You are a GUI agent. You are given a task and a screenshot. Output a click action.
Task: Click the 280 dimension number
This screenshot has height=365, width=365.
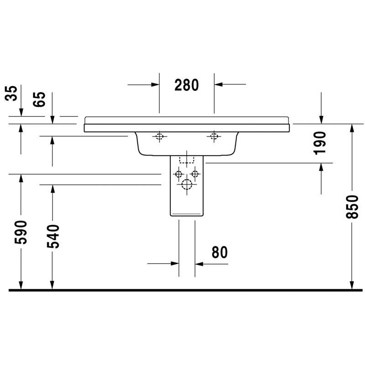tap(187, 85)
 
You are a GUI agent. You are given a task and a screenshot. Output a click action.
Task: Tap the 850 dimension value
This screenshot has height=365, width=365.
tap(352, 207)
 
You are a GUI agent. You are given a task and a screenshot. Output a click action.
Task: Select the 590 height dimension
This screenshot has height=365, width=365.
tap(21, 232)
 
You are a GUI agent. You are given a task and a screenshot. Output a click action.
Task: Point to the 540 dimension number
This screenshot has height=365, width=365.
tap(53, 236)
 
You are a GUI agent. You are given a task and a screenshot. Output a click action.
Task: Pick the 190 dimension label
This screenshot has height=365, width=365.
tap(320, 143)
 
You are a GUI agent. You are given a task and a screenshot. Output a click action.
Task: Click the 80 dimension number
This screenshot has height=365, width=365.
tap(219, 252)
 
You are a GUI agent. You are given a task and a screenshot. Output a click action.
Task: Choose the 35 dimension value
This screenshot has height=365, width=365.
tap(11, 93)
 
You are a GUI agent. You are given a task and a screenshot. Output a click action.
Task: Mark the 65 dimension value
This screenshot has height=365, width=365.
tap(39, 99)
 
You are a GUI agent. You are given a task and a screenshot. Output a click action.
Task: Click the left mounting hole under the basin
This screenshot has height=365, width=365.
tap(159, 136)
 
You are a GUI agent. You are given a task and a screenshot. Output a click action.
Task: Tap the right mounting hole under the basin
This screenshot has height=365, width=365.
tap(214, 136)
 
